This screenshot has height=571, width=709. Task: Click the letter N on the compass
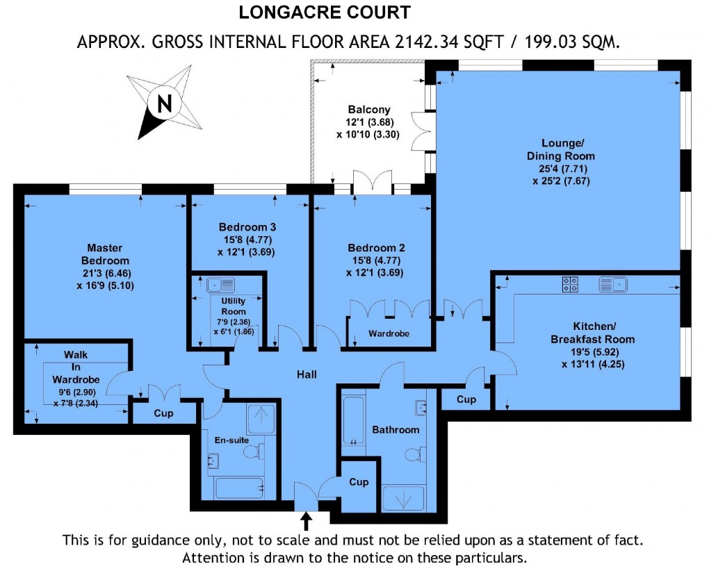[x=165, y=104]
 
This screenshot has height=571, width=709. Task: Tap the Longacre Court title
[x=325, y=12]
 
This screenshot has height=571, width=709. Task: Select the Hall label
[x=307, y=374]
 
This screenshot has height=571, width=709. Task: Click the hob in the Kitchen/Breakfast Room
[x=571, y=283]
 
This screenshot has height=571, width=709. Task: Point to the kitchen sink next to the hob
[x=612, y=283]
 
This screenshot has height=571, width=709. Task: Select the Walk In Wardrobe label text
[x=76, y=367]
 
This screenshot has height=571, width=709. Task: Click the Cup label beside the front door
[x=359, y=481]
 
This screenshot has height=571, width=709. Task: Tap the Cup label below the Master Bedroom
[x=163, y=414]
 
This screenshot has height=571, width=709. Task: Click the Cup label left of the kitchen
[x=466, y=399]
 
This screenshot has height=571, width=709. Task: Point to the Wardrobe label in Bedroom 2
[x=389, y=333]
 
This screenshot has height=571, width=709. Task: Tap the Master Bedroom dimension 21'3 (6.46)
[x=104, y=272]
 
